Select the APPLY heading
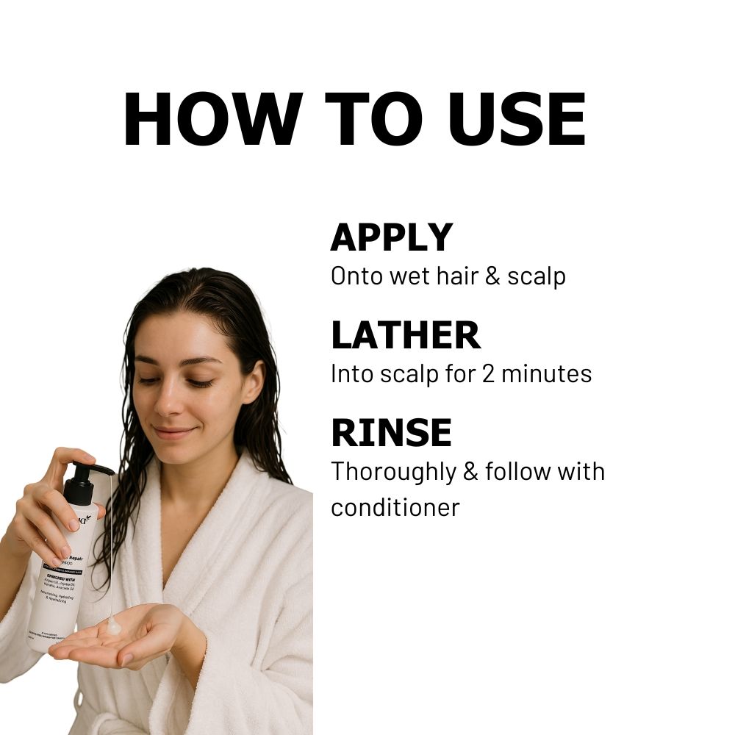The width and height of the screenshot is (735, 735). tap(391, 237)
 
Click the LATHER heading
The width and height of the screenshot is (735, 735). tap(405, 334)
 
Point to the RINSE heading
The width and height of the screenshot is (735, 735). tap(391, 432)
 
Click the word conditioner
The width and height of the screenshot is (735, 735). tap(395, 507)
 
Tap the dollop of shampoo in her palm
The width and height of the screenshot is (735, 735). tap(114, 627)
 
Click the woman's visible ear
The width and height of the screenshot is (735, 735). tap(252, 382)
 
